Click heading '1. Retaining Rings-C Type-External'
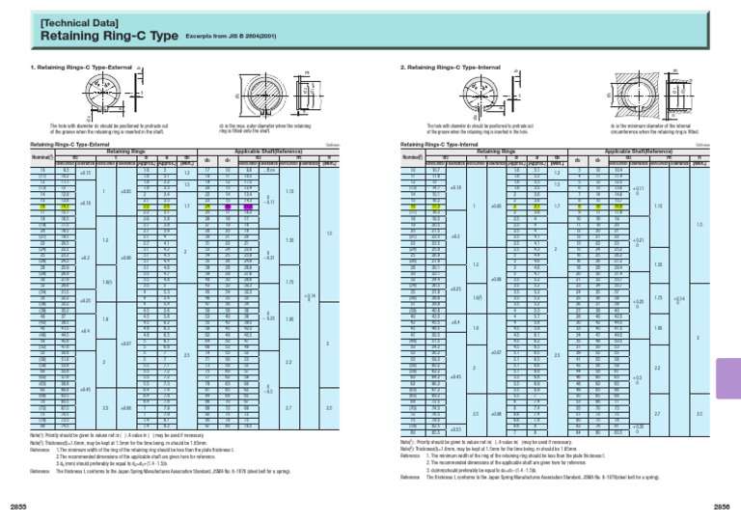pyautogui.click(x=76, y=68)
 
